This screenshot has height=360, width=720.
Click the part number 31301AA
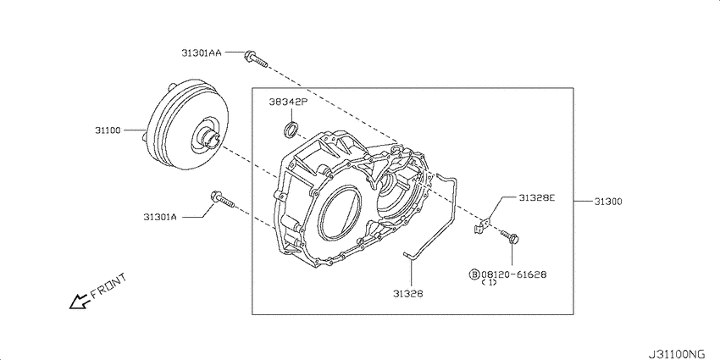(x=201, y=53)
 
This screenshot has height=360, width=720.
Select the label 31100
(x=108, y=130)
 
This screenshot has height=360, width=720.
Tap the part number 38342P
(x=287, y=102)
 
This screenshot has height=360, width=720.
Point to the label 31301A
(x=160, y=217)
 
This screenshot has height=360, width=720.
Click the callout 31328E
(x=537, y=197)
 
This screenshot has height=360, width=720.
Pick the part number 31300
(x=608, y=201)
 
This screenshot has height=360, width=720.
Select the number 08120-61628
(x=513, y=274)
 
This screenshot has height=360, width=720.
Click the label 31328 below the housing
(x=407, y=293)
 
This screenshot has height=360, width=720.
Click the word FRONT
(x=108, y=285)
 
